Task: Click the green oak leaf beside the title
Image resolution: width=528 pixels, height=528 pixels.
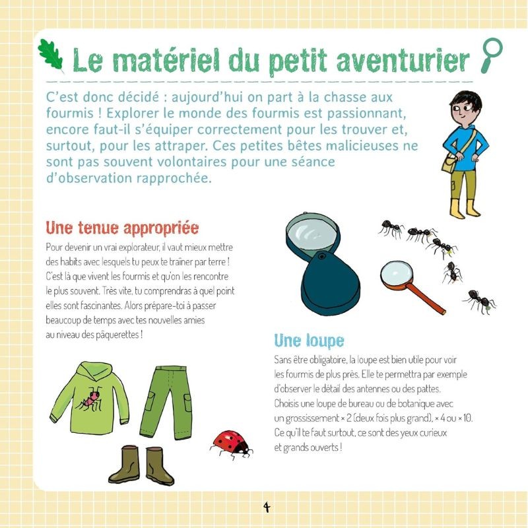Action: pos(51,55)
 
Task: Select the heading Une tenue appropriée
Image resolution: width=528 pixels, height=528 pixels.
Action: pos(122,228)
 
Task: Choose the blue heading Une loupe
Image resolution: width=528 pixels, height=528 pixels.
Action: pos(309,341)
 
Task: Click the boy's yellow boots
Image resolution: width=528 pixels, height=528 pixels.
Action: pos(465,208)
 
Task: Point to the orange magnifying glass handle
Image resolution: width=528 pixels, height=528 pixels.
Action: pos(429,298)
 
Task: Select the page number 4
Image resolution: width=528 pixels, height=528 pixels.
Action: pos(267,507)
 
